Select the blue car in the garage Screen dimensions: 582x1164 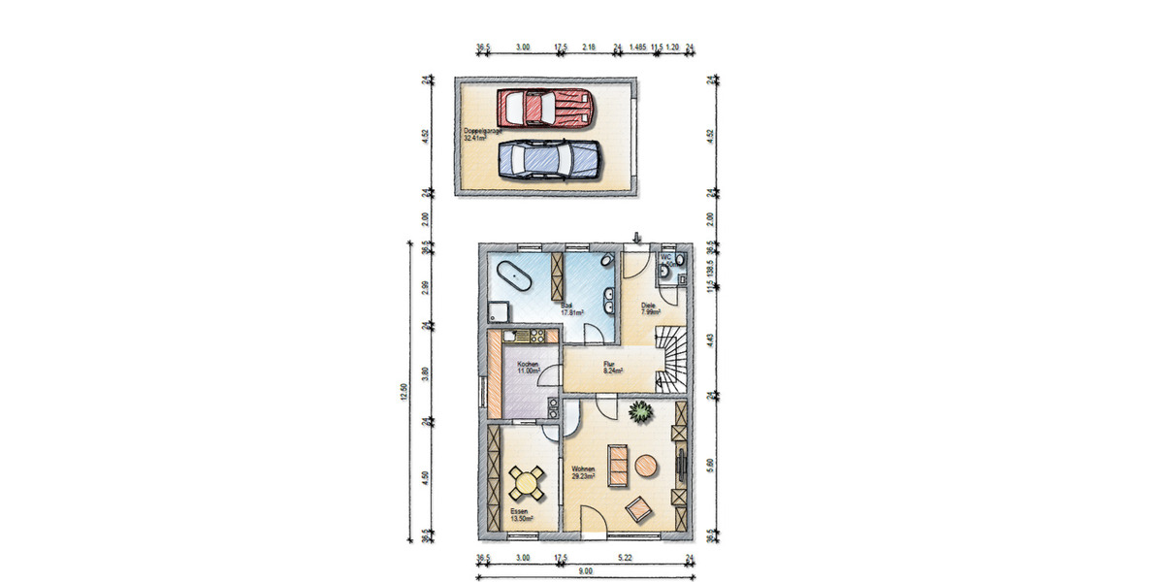pyautogui.click(x=548, y=158)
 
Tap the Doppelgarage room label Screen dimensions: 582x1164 pyautogui.click(x=475, y=134)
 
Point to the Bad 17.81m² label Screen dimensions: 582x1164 pyautogui.click(x=568, y=308)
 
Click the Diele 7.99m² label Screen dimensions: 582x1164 pyautogui.click(x=650, y=308)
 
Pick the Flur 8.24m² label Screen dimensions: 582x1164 pyautogui.click(x=612, y=369)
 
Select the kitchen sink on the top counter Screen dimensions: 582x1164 pyautogui.click(x=528, y=337)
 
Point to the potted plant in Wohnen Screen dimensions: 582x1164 pyautogui.click(x=639, y=412)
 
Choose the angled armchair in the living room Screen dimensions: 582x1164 pyautogui.click(x=638, y=507)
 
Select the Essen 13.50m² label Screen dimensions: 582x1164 pyautogui.click(x=524, y=515)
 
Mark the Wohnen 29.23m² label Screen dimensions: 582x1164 pyautogui.click(x=584, y=471)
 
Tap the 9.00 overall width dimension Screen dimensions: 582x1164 pyautogui.click(x=585, y=571)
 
